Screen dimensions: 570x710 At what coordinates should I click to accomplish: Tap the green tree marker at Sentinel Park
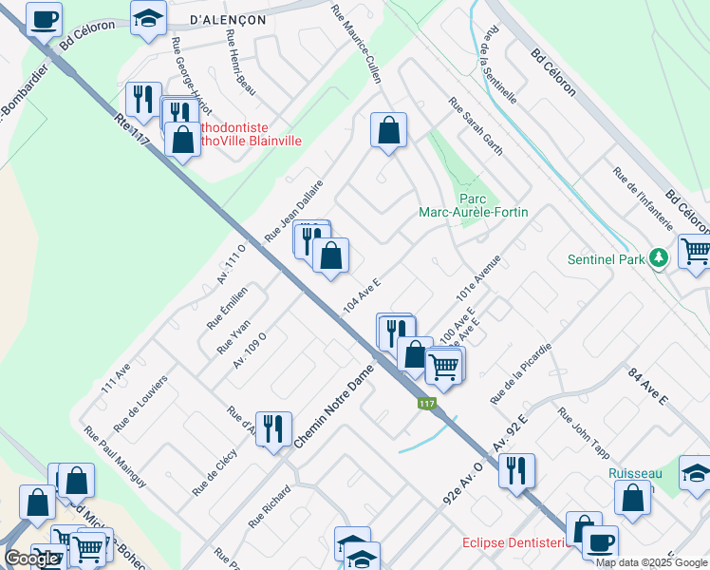(656, 258)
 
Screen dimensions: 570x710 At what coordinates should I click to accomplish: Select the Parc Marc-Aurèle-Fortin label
(474, 206)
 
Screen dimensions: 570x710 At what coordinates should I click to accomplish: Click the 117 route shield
(426, 404)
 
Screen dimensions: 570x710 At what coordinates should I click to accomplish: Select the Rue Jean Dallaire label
(294, 210)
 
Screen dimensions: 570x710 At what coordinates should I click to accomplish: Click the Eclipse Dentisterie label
(514, 542)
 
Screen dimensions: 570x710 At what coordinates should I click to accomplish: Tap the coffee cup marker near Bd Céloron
(44, 18)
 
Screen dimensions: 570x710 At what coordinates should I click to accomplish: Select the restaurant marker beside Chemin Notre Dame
(273, 427)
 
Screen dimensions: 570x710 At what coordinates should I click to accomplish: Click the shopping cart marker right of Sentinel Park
(695, 252)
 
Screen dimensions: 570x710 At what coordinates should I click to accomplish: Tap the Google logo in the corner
(31, 559)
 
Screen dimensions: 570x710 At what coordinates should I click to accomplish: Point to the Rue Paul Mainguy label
(115, 456)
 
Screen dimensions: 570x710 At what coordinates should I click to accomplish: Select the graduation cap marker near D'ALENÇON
(147, 18)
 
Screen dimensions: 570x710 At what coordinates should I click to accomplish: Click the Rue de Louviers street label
(140, 402)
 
